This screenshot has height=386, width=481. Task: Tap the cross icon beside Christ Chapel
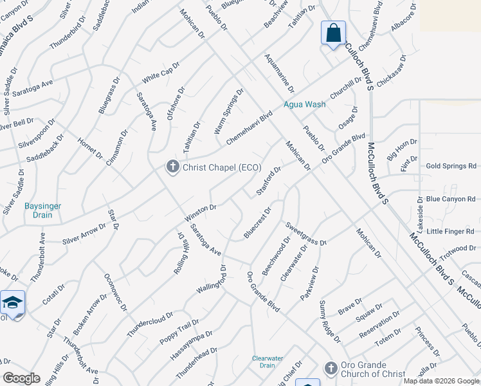(172, 167)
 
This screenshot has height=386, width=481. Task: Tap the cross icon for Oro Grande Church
(331, 368)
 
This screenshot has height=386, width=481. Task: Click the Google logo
(21, 378)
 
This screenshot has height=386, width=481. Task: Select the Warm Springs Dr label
(230, 111)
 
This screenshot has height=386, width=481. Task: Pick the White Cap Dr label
(161, 77)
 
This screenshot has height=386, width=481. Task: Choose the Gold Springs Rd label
(451, 166)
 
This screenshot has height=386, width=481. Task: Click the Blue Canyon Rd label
(451, 199)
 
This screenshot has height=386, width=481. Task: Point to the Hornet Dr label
(90, 147)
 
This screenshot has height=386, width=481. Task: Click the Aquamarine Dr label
(279, 73)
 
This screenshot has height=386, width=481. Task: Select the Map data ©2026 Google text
(442, 381)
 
